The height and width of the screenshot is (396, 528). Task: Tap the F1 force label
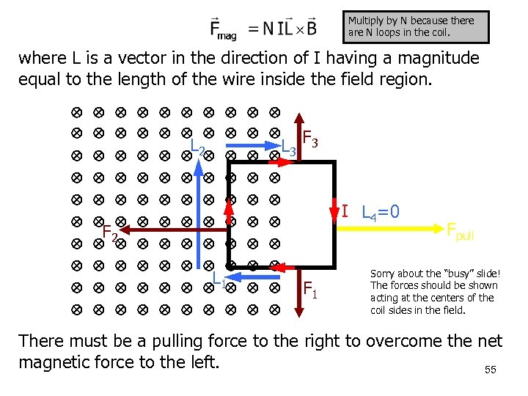click(x=310, y=290)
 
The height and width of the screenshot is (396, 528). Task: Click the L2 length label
click(x=197, y=149)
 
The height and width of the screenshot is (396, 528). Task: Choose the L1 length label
click(x=219, y=279)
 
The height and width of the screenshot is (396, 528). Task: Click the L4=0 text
click(x=381, y=212)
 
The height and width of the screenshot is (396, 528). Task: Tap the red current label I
click(x=345, y=211)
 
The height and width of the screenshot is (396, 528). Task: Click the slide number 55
click(x=491, y=370)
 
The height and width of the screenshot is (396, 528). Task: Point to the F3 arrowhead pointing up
click(x=299, y=120)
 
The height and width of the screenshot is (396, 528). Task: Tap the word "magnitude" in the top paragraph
click(x=433, y=58)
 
